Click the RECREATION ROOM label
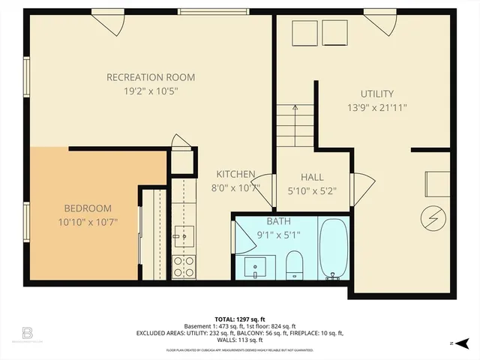(151, 77)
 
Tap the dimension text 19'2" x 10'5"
(151, 91)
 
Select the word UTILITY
(376, 94)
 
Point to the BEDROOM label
(87, 208)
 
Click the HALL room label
(312, 177)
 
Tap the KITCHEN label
(236, 174)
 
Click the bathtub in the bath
(334, 249)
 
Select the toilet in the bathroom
(294, 264)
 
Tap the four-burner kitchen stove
(183, 266)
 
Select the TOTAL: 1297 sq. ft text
(240, 318)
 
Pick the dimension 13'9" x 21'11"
(376, 107)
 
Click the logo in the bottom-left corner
(27, 332)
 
